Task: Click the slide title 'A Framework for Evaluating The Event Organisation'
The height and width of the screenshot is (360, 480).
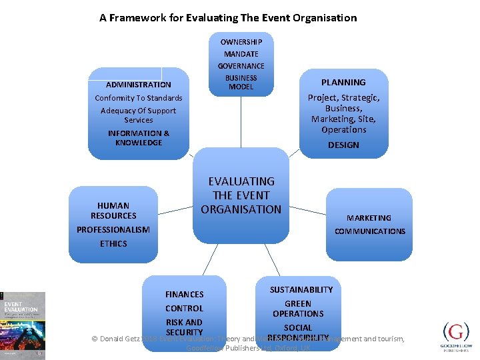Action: pos(228,18)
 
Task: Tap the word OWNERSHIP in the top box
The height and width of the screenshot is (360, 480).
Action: pos(241,42)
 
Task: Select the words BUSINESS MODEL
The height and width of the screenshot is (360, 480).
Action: pos(241,82)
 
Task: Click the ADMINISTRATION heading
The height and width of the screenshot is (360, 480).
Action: pos(139,85)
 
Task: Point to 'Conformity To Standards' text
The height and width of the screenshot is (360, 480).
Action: pos(139,98)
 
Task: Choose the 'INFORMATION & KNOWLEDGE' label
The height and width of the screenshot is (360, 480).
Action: pos(139,138)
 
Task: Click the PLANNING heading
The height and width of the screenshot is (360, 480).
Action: pos(343,83)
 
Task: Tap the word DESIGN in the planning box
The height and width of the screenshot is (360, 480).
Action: pos(343,145)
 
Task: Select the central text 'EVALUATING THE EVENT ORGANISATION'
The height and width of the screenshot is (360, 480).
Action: pos(241,195)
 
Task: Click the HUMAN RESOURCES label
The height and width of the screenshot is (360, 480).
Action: pos(113,211)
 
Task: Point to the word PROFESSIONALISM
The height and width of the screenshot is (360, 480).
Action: pos(113,230)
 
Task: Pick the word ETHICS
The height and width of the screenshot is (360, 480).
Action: pos(113,244)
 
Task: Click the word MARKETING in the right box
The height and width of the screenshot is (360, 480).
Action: pos(369,218)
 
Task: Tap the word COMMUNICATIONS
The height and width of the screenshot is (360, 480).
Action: pos(370,231)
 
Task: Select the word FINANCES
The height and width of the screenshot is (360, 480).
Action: pos(185,294)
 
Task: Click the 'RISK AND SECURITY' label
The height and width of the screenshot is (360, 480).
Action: pos(184,327)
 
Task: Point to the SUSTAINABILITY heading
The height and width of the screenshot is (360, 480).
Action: pos(301,289)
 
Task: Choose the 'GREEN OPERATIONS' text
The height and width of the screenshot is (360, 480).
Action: pos(298,309)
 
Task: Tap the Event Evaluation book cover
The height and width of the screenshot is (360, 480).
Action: pos(23,325)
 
